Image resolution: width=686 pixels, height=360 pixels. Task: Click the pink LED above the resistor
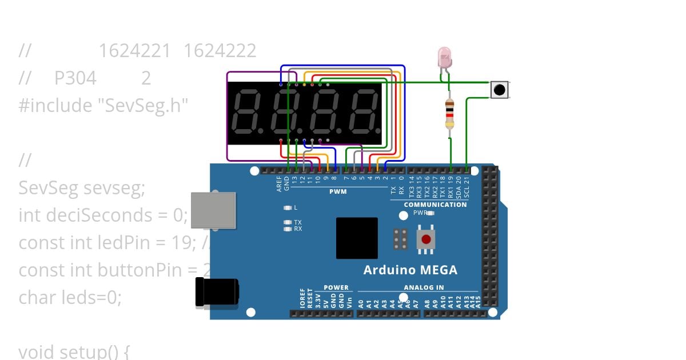pos(444,57)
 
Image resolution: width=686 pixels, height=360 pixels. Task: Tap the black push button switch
pos(500,90)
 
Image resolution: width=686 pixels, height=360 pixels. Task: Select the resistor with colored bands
pos(449,113)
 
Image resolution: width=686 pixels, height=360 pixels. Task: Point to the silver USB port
pos(212,210)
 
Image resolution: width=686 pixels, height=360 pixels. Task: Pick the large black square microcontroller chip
pos(357,238)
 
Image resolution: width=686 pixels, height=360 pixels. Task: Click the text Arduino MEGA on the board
pos(410,270)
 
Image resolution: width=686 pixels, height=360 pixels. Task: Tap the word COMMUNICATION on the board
pos(435,205)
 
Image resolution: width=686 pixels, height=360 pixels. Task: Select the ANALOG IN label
pos(424,287)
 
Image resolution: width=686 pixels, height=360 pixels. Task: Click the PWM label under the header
pos(338,191)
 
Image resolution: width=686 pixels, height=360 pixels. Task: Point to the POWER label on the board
pos(336,287)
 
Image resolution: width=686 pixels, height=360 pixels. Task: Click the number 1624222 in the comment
pos(220,51)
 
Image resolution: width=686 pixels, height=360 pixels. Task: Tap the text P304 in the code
pos(75,78)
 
